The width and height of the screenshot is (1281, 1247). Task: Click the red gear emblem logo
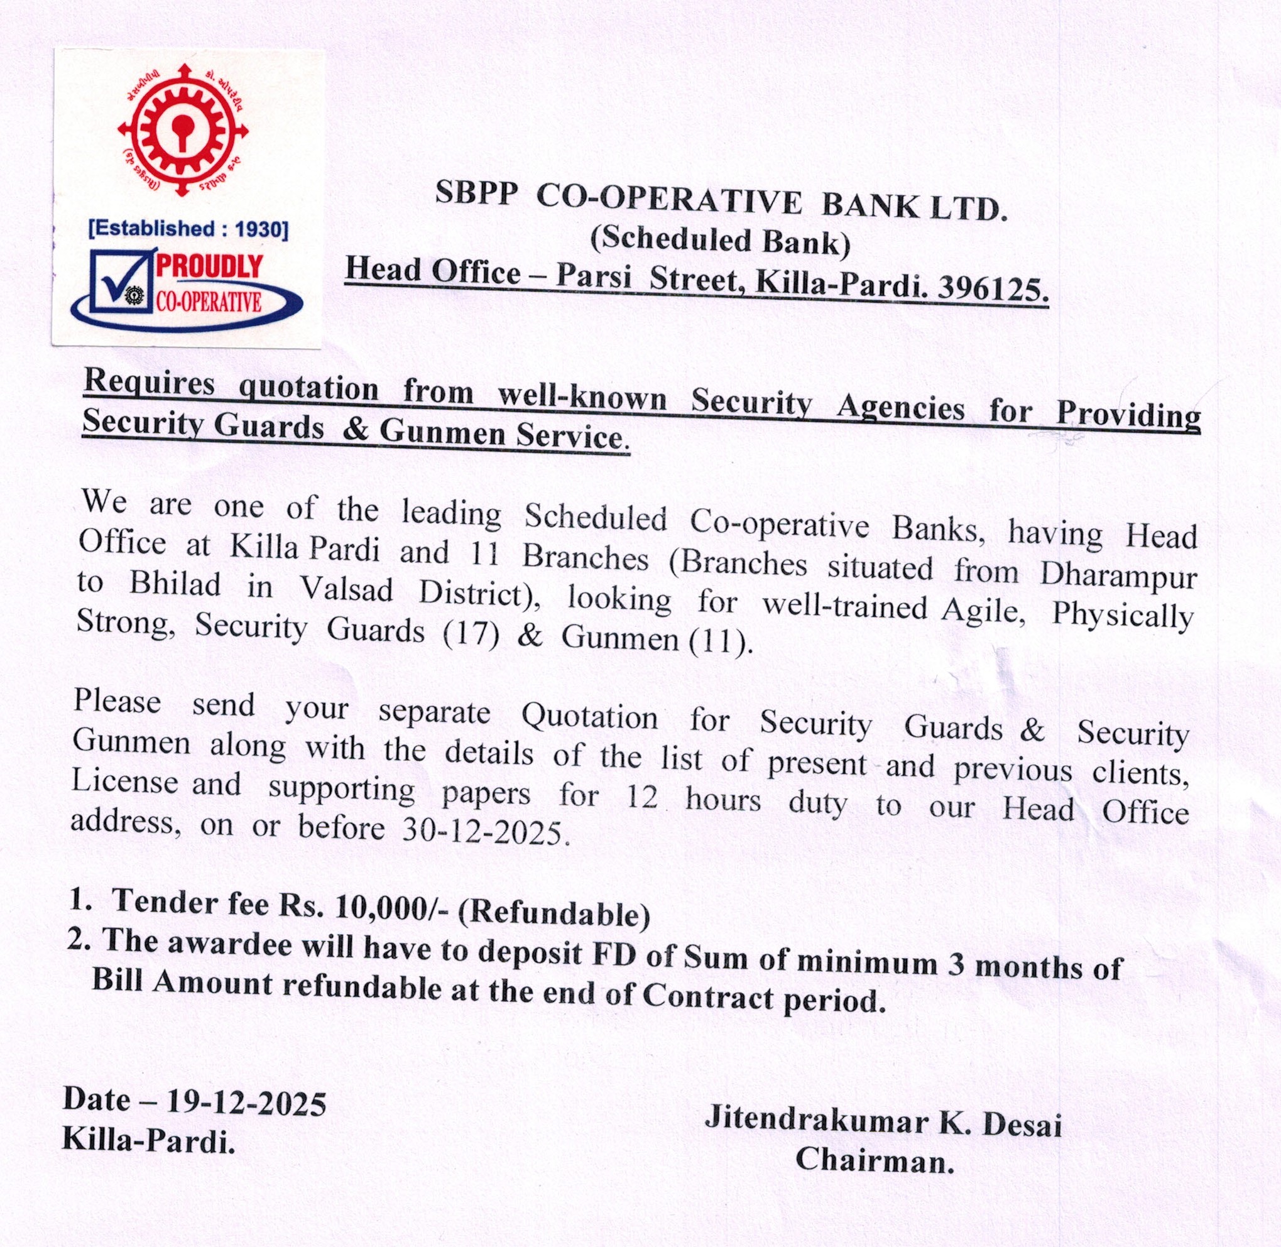pos(183,129)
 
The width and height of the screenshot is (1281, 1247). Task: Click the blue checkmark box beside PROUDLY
pos(119,280)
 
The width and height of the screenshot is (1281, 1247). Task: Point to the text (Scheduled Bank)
pos(720,241)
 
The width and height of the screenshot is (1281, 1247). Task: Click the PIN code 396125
pos(993,290)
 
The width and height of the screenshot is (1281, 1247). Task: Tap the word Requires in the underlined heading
pos(150,383)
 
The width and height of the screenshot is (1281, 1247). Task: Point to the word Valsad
pos(347,589)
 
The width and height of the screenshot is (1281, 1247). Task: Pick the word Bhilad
pos(175,583)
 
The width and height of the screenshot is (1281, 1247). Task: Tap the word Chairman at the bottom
pos(875,1161)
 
